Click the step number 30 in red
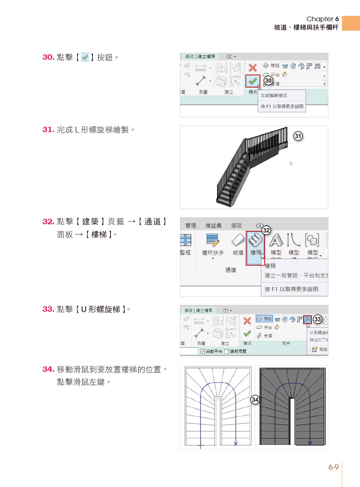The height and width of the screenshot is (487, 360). point(48,57)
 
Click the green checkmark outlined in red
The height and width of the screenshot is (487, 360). point(253,81)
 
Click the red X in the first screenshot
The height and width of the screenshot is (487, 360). point(253,67)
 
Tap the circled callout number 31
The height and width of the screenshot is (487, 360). point(298,136)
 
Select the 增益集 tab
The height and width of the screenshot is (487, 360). point(213,226)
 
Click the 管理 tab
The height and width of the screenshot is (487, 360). point(190,226)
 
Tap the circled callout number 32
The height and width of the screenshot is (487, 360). point(266,230)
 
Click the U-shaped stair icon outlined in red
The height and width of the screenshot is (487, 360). point(307,319)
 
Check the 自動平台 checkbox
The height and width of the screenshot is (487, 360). point(203,351)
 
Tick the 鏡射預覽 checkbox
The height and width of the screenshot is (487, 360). point(226,351)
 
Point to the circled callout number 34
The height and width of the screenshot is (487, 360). point(255,400)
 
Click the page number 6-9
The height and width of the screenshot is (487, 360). point(333,467)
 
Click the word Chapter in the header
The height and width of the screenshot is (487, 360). point(320,19)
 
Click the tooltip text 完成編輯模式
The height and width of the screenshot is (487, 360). point(274,96)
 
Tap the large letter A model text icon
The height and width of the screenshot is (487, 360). point(276,240)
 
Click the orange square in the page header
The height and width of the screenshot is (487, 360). point(351,23)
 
